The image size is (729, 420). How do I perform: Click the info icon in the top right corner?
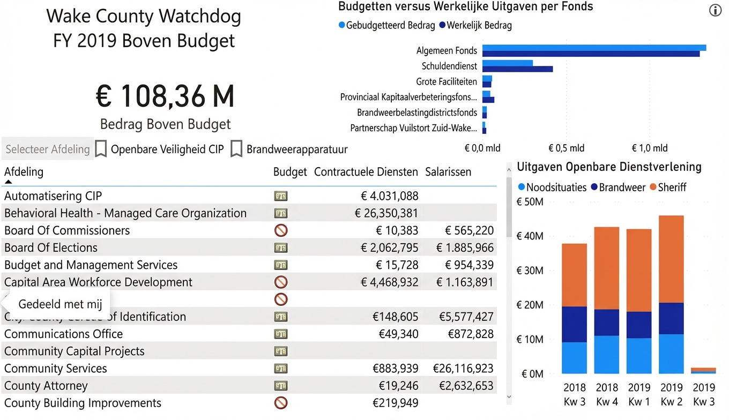point(715,11)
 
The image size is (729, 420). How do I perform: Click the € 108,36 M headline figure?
point(165,96)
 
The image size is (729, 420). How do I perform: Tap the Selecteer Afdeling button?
point(48,149)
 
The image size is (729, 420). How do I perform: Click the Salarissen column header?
point(448,172)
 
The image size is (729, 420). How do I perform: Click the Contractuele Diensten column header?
point(366,172)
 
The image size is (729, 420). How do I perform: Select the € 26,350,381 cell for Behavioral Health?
point(386,213)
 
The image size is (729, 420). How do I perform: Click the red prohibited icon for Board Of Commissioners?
point(281,230)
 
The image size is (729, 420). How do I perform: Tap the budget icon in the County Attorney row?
point(281,386)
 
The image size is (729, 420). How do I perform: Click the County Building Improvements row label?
point(83,403)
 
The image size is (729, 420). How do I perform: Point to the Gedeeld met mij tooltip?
point(59,304)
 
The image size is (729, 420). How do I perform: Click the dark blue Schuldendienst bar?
point(517,69)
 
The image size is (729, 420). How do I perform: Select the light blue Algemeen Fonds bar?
point(594,48)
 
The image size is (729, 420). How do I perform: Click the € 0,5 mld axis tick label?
point(566,148)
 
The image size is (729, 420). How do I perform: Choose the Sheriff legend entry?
point(668,187)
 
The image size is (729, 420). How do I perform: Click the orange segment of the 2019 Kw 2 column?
point(671,259)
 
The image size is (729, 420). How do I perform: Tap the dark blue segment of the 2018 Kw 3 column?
point(574,324)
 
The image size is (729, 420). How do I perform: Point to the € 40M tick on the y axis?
point(529,236)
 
